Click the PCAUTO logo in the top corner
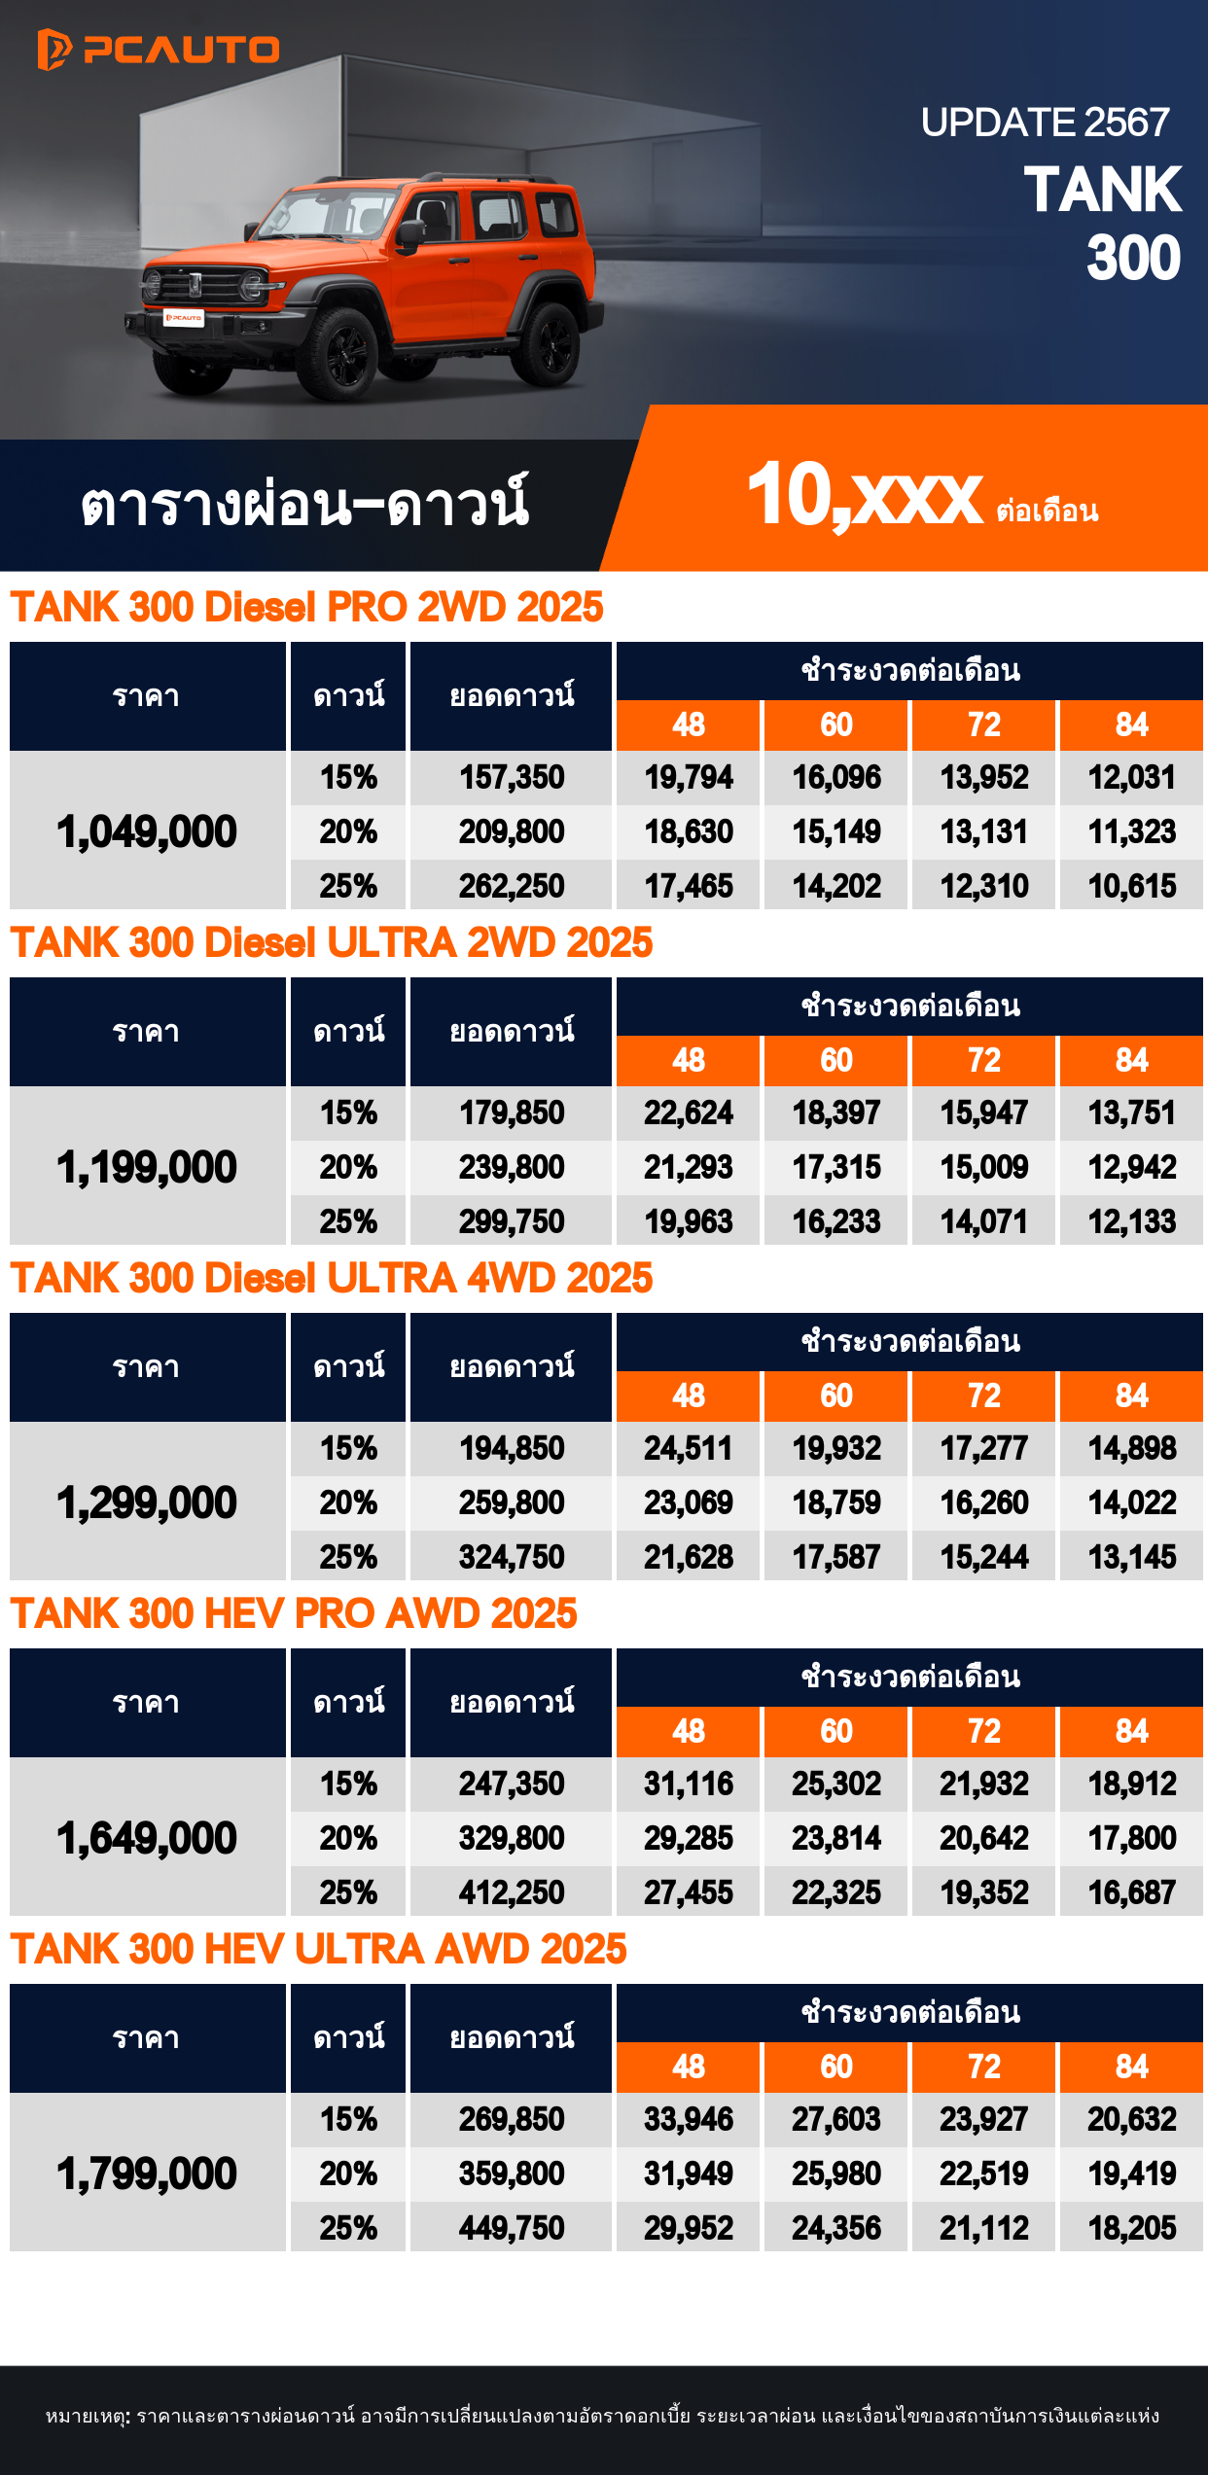pyautogui.click(x=158, y=50)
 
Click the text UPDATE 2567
pyautogui.click(x=1045, y=123)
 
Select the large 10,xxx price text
pyautogui.click(x=864, y=496)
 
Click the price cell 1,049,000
pyautogui.click(x=147, y=831)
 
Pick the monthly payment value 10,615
pyautogui.click(x=1131, y=886)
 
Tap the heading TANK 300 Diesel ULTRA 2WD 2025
pyautogui.click(x=332, y=942)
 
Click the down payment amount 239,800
pyautogui.click(x=512, y=1167)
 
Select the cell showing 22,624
pyautogui.click(x=688, y=1113)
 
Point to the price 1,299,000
pyautogui.click(x=147, y=1503)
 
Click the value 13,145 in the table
pyautogui.click(x=1131, y=1557)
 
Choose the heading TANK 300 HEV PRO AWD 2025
pyautogui.click(x=294, y=1613)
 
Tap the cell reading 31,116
pyautogui.click(x=688, y=1784)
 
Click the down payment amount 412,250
pyautogui.click(x=512, y=1892)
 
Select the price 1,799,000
pyautogui.click(x=147, y=2174)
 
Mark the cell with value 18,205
pyautogui.click(x=1131, y=2228)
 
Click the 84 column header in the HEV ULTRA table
pyautogui.click(x=1131, y=2067)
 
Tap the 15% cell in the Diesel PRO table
pyautogui.click(x=348, y=777)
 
